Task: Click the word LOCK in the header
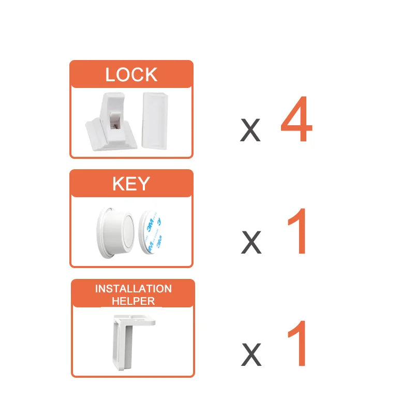pyautogui.click(x=131, y=75)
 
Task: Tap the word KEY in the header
pyautogui.click(x=131, y=184)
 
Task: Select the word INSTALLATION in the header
pyautogui.click(x=134, y=289)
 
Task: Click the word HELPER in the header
pyautogui.click(x=133, y=301)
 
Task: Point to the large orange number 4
pyautogui.click(x=297, y=119)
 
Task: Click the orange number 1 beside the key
pyautogui.click(x=297, y=231)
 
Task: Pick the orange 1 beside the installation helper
pyautogui.click(x=297, y=343)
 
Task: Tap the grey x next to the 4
pyautogui.click(x=250, y=130)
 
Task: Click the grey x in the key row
pyautogui.click(x=251, y=242)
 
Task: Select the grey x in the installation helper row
pyautogui.click(x=252, y=354)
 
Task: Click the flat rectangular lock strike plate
pyautogui.click(x=155, y=121)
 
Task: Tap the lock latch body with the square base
pyautogui.click(x=111, y=122)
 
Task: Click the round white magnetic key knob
pyautogui.click(x=115, y=233)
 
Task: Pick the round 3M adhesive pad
pyautogui.click(x=150, y=232)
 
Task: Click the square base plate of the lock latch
pyautogui.click(x=111, y=135)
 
